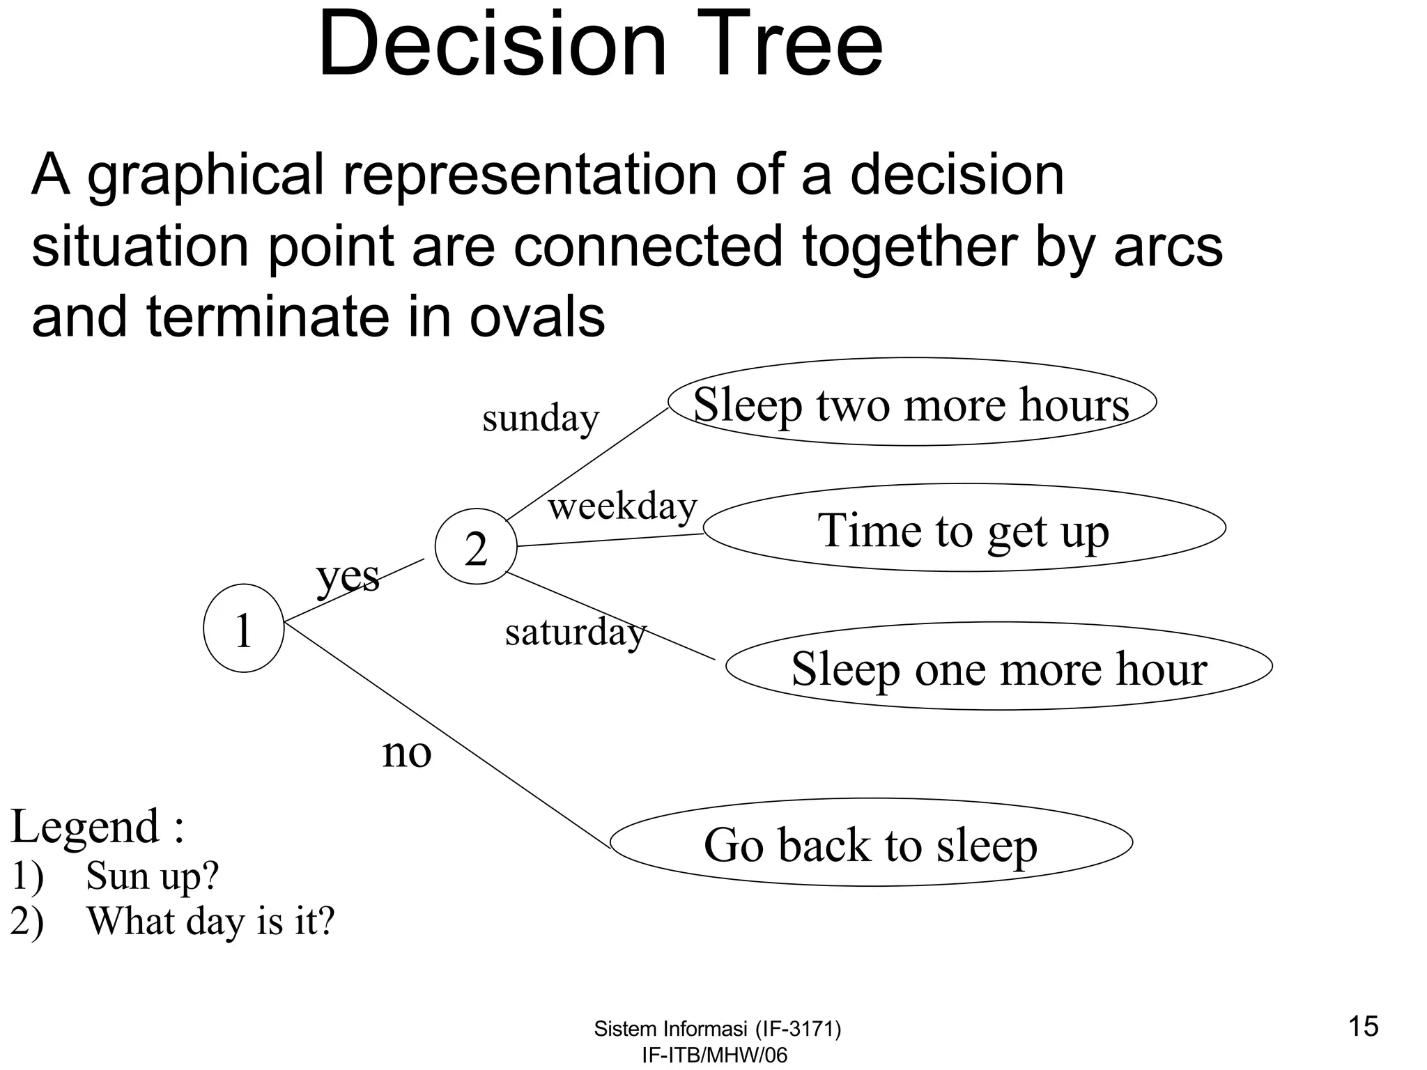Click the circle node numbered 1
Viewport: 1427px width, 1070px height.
(x=243, y=628)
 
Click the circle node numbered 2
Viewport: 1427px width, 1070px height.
(x=476, y=547)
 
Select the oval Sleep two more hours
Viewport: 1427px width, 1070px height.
(x=911, y=403)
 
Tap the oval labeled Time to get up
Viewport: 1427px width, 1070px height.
(x=964, y=529)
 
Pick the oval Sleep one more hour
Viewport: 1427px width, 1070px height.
(x=998, y=667)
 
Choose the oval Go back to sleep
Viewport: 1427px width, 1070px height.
(x=871, y=843)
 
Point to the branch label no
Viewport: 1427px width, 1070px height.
(x=407, y=753)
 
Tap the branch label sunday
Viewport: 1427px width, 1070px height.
(x=541, y=418)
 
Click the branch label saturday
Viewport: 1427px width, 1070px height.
(x=576, y=632)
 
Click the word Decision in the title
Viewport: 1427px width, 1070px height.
(x=492, y=45)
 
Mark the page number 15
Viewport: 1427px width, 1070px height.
(x=1364, y=1027)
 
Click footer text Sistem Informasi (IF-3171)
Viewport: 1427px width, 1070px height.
(x=717, y=1029)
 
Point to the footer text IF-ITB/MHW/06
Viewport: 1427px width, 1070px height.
(x=714, y=1055)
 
